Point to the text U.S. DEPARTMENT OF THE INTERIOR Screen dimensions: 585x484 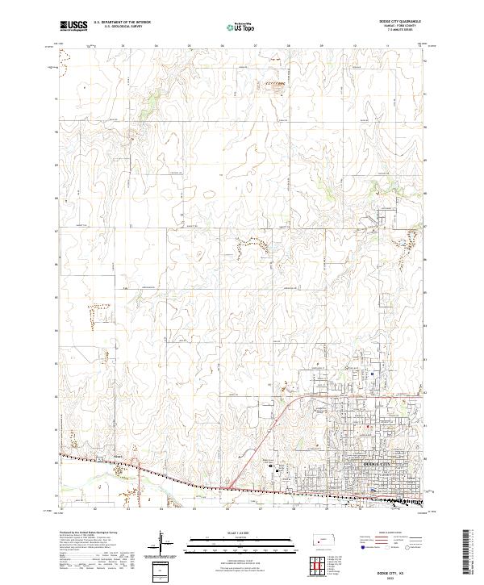point(121,22)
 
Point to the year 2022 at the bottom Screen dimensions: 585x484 point(395,577)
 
